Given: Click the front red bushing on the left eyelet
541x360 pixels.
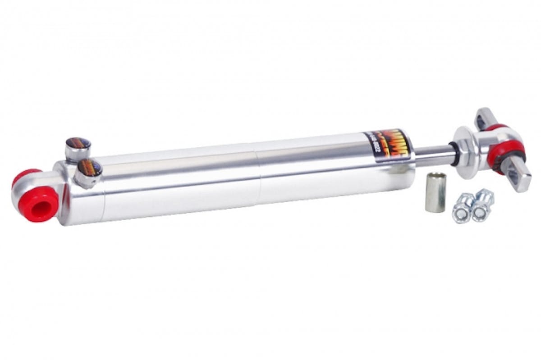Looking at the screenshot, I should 38,204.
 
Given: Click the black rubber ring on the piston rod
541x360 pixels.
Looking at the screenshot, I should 452,153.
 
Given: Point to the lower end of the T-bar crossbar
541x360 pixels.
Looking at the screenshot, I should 518,178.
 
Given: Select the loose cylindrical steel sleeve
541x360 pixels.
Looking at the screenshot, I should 435,192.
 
